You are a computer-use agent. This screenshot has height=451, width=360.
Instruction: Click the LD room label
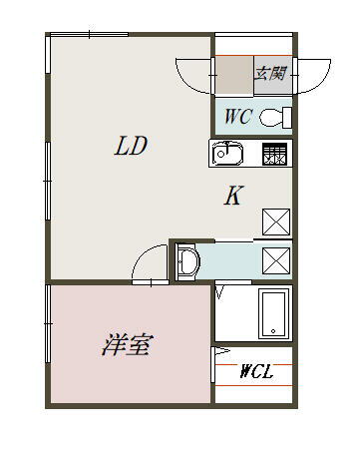[x=131, y=147]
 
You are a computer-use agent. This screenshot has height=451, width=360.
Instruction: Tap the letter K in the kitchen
[x=232, y=197]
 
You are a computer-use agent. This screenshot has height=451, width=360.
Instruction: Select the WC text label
[x=237, y=117]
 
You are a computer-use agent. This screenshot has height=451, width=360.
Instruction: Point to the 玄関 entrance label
[x=270, y=73]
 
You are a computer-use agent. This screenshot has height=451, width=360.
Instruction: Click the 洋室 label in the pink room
[x=127, y=346]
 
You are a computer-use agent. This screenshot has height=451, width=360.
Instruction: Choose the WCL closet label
[x=257, y=372]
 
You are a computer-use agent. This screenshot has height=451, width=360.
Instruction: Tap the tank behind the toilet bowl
[x=287, y=118]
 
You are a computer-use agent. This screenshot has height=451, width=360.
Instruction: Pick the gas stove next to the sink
[x=275, y=154]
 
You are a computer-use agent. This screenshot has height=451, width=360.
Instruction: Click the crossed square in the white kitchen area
[x=275, y=222]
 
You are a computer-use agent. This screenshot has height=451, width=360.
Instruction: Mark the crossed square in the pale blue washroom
[x=275, y=259]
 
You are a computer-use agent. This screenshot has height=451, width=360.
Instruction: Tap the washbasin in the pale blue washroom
[x=189, y=261]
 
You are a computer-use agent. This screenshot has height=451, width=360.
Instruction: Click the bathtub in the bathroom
[x=273, y=313]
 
